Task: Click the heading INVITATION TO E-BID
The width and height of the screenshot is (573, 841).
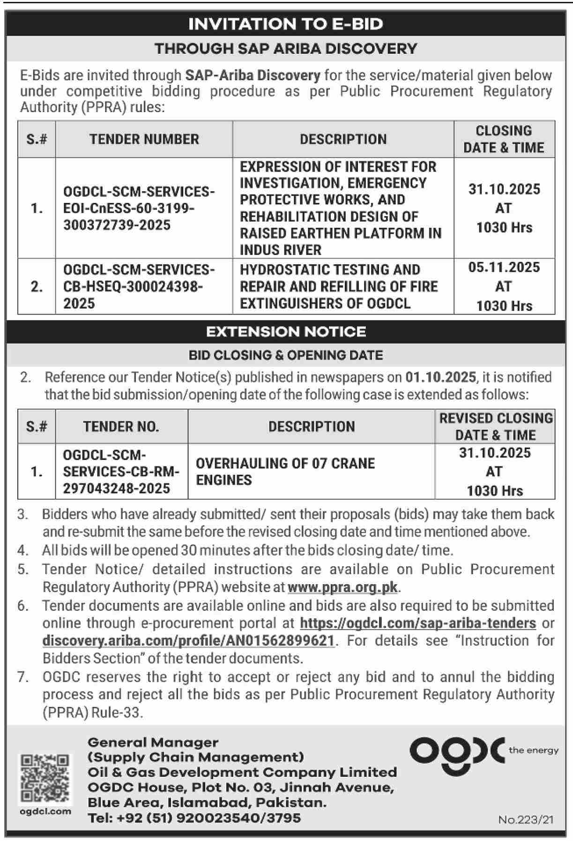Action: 286,24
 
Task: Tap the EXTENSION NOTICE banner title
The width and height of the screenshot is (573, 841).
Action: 286,331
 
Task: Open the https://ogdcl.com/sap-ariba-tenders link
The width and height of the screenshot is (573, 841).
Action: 417,623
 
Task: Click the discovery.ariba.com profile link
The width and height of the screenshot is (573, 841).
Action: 188,640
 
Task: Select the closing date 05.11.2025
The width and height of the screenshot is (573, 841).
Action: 504,268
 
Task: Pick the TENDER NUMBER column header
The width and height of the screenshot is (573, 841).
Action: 144,139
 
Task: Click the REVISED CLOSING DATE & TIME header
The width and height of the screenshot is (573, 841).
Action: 496,427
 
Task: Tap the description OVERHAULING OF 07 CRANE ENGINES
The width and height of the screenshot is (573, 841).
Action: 285,472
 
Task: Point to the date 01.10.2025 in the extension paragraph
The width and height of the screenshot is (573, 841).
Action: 440,377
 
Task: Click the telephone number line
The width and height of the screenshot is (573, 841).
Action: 194,818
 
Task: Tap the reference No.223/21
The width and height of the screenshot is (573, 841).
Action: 526,819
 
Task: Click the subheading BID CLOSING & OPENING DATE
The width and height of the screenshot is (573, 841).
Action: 286,355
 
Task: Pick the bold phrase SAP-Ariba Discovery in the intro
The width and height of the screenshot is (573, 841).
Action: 253,75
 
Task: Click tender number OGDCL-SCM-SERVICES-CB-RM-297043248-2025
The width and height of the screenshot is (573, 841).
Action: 121,472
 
